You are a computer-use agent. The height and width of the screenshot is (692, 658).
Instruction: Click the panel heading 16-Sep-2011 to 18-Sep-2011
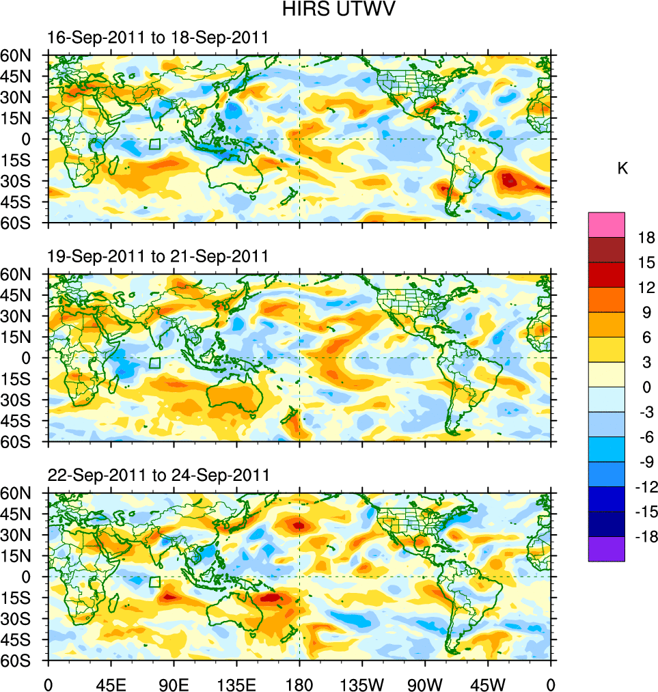158,38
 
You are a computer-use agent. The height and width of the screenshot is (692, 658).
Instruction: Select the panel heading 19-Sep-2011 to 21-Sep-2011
158,256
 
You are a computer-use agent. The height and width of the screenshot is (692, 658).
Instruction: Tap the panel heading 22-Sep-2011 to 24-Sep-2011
158,475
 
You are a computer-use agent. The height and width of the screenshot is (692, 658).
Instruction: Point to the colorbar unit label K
622,169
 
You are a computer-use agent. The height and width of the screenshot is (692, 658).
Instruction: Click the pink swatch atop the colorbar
606,225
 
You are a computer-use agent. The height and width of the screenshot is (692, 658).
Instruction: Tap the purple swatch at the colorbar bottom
606,549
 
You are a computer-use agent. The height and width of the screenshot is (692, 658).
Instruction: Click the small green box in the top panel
155,144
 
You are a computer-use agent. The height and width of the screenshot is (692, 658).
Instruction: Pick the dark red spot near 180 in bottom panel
299,525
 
